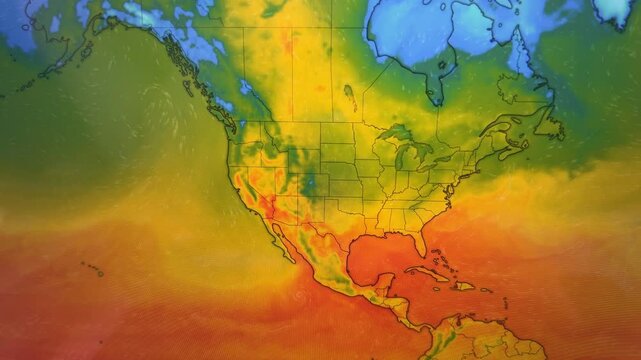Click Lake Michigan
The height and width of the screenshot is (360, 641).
(398, 157)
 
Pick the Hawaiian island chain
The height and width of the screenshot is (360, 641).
(92, 268)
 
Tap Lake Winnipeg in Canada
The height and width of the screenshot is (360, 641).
(349, 96)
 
